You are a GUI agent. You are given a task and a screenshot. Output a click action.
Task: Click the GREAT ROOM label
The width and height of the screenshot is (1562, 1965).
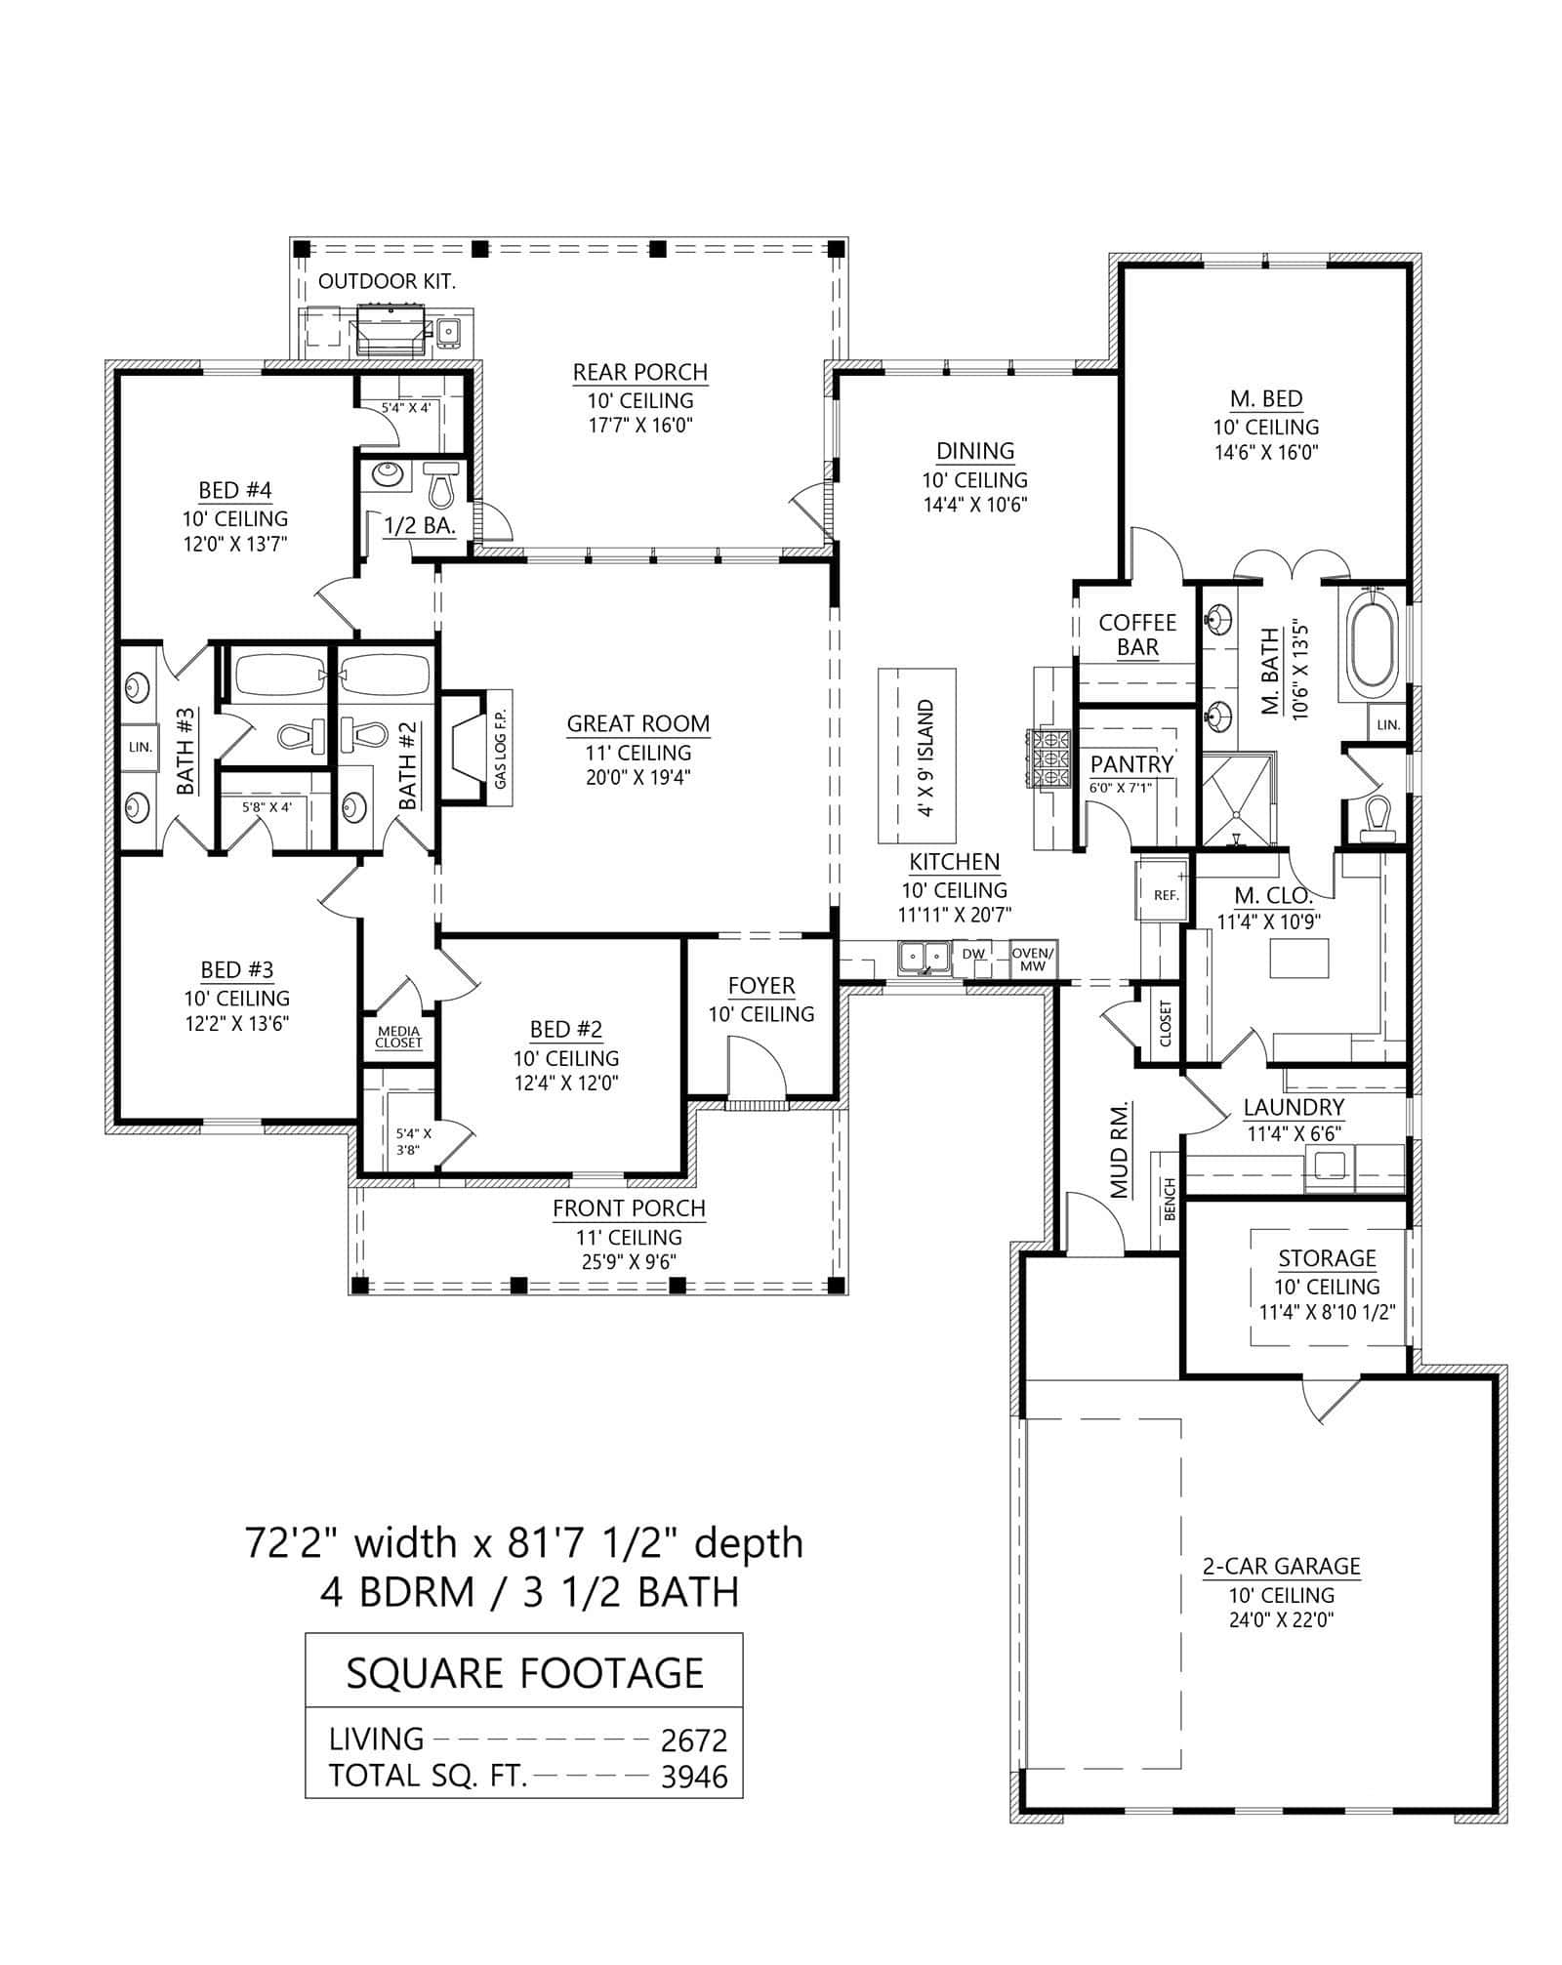638,723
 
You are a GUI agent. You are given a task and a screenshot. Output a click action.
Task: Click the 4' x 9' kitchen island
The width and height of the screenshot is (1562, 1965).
916,757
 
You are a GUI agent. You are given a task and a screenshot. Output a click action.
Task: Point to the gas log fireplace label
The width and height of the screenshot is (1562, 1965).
500,749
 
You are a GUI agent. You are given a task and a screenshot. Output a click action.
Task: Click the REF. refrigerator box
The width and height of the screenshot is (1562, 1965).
1166,893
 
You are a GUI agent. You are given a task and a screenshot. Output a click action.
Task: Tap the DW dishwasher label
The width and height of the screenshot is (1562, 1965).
972,954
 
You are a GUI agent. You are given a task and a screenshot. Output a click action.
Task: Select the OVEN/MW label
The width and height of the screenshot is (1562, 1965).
1032,959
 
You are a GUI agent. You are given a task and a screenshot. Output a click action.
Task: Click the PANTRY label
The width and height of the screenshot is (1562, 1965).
1130,763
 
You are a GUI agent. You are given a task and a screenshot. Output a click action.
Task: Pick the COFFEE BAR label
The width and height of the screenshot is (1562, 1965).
1137,635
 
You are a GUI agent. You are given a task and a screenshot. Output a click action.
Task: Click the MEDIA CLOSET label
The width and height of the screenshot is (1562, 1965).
398,1037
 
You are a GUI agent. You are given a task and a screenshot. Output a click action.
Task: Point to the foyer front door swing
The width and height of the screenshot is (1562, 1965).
757,1068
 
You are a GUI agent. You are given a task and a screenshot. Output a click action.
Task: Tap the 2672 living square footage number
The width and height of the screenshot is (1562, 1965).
694,1740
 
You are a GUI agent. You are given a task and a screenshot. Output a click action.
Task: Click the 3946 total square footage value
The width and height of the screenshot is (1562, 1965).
694,1776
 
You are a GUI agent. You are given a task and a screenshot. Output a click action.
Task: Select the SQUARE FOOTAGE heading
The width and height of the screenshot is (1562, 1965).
524,1673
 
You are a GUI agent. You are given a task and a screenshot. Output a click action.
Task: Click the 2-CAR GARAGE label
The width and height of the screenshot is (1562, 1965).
1281,1566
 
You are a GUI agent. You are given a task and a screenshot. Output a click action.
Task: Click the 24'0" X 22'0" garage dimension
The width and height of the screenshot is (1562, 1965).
1281,1620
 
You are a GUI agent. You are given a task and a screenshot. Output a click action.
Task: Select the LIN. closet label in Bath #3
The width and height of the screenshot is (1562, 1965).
139,747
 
